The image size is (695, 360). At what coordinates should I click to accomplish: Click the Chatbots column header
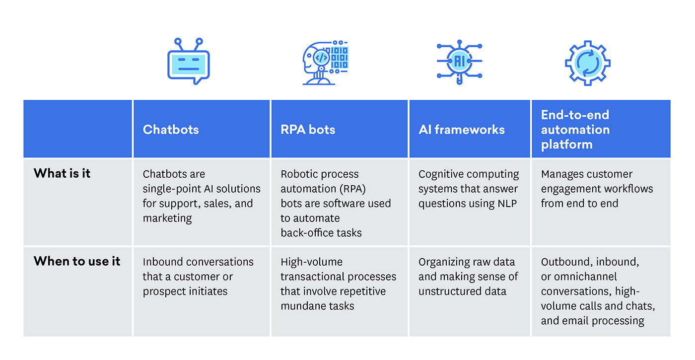point(171,130)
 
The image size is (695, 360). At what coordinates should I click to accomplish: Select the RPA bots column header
point(308,130)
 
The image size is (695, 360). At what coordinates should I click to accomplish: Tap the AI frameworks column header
point(461,130)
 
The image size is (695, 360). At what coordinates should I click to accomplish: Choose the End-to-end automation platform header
point(575,130)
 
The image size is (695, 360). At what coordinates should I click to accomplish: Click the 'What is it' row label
point(62,173)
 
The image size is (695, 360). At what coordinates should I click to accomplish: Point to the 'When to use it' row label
point(77,261)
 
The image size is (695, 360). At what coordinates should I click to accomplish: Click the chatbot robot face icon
point(189,63)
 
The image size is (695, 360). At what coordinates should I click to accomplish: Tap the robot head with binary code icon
point(325,63)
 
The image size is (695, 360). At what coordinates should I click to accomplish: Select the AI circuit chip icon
point(459,61)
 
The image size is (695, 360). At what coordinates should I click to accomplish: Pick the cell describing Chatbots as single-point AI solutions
point(202,196)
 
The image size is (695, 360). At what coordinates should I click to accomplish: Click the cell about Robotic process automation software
point(336,203)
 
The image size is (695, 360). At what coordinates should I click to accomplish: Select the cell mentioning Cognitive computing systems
point(468,189)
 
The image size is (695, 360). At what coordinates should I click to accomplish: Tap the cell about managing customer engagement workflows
point(597,189)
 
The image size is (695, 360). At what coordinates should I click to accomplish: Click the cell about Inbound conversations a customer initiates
point(198,277)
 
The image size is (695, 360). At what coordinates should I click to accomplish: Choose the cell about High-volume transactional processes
point(338,284)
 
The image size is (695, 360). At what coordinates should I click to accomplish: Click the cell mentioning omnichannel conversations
point(598,291)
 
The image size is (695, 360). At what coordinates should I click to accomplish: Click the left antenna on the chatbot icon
point(177,41)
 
